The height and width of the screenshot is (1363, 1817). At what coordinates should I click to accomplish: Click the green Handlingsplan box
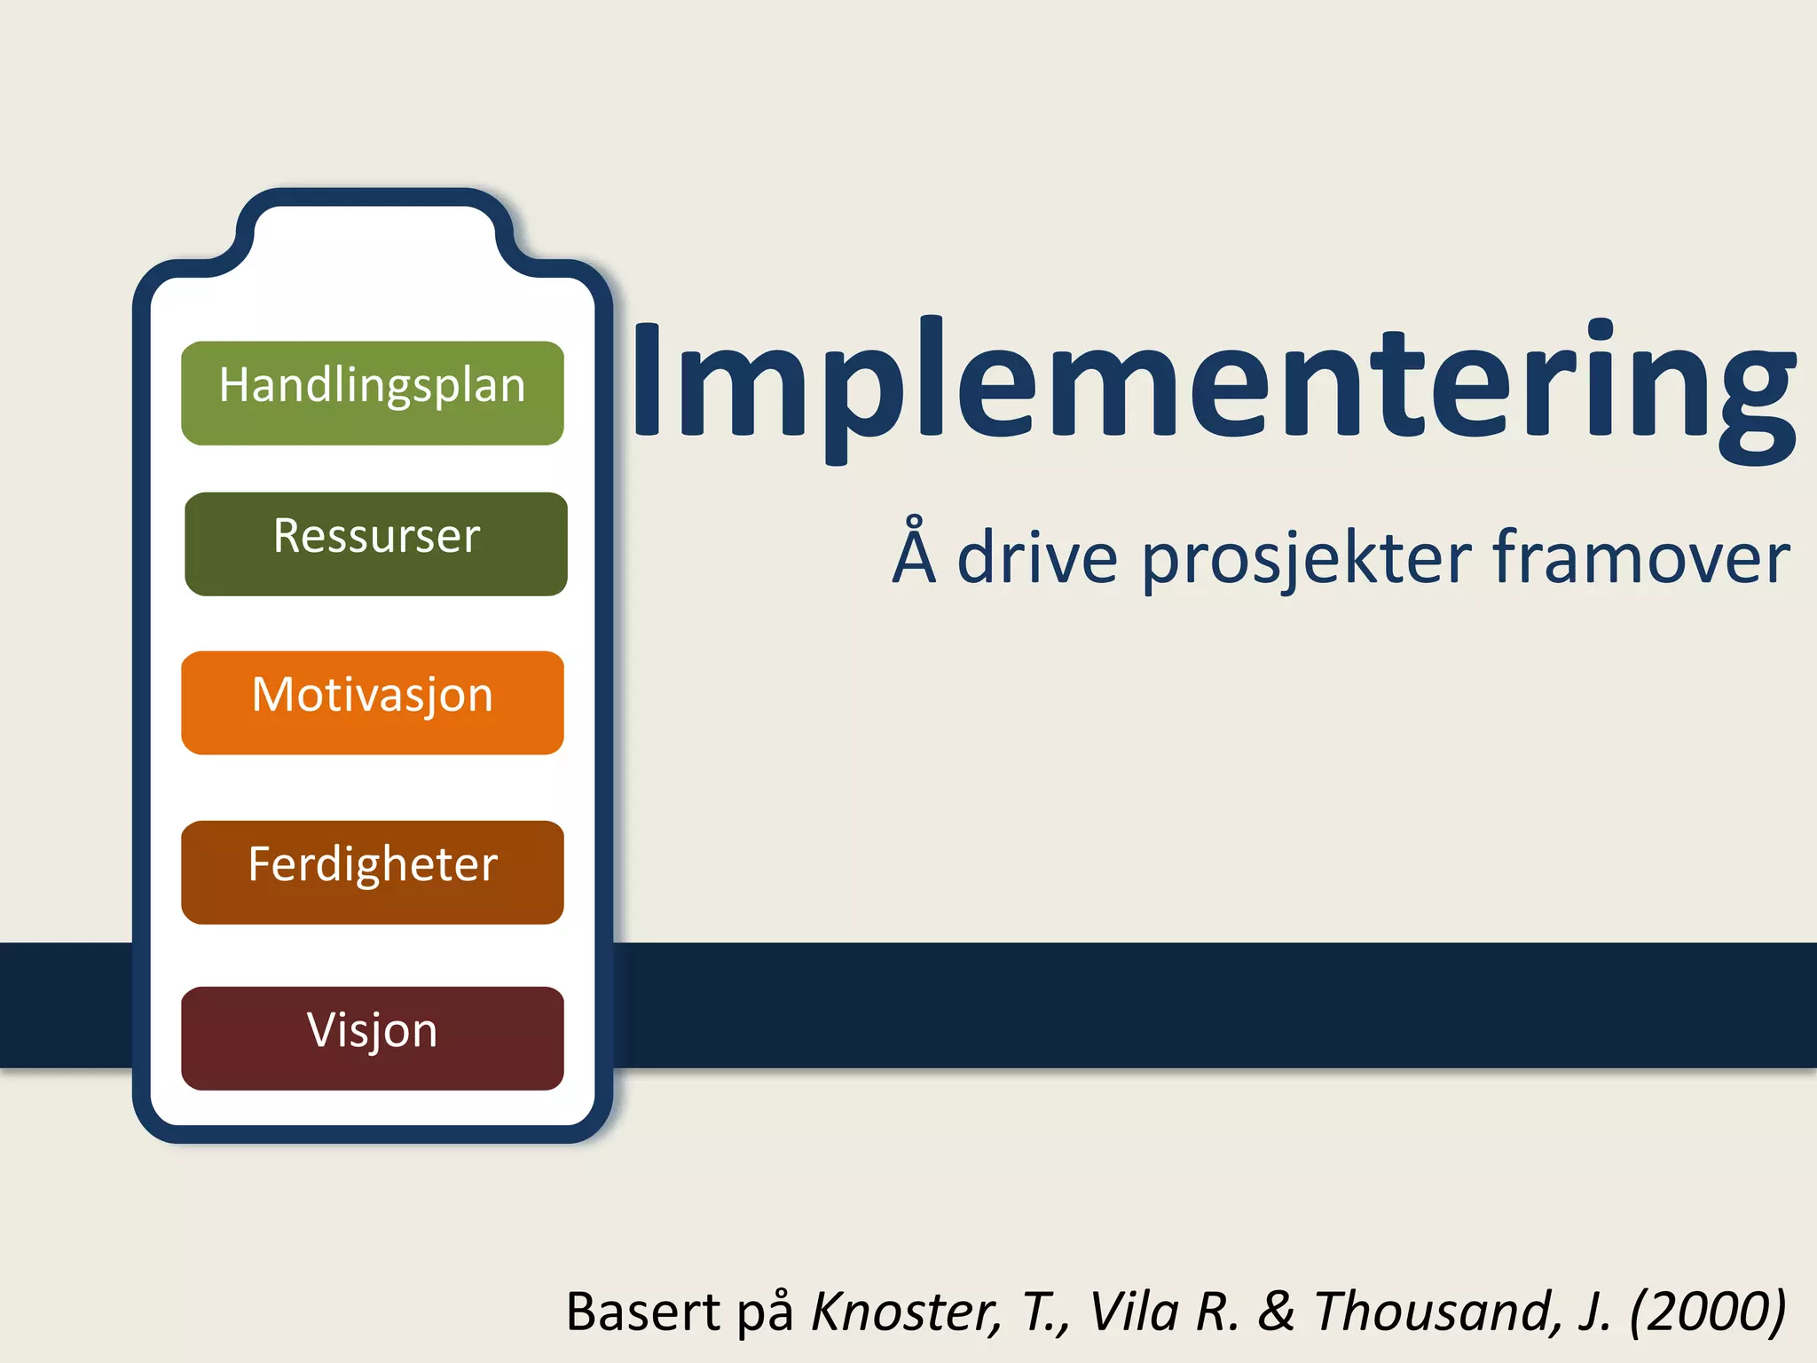373,392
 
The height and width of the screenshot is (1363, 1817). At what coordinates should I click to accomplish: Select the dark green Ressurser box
376,543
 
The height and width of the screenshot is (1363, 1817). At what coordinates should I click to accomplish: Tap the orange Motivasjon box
373,702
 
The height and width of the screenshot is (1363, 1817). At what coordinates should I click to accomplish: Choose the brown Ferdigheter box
373,871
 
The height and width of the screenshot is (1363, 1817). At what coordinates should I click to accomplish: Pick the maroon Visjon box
373,1037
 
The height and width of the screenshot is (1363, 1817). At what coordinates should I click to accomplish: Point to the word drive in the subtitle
1037,558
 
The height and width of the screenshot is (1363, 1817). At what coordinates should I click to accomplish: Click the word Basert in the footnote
643,1312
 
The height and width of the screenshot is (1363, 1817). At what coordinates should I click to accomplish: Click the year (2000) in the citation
1707,1312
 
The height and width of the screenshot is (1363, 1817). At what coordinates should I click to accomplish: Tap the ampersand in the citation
1277,1312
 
